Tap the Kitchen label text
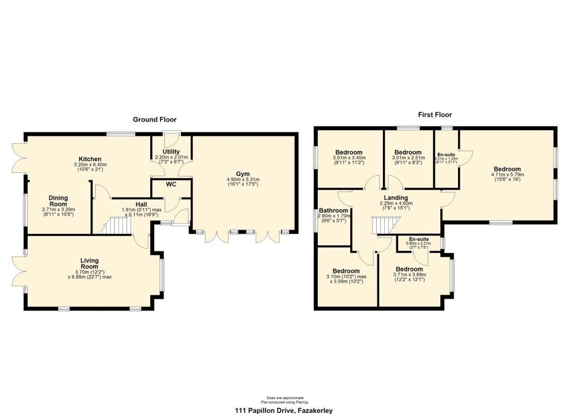(x=90, y=159)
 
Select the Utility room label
(x=171, y=151)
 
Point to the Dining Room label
(x=58, y=201)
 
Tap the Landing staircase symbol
(x=384, y=226)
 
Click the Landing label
(x=396, y=198)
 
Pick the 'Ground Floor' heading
(x=154, y=120)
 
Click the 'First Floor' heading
(x=435, y=115)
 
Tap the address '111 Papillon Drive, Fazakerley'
(x=284, y=410)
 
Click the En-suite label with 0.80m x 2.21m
(x=418, y=238)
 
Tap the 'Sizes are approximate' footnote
(x=284, y=398)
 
